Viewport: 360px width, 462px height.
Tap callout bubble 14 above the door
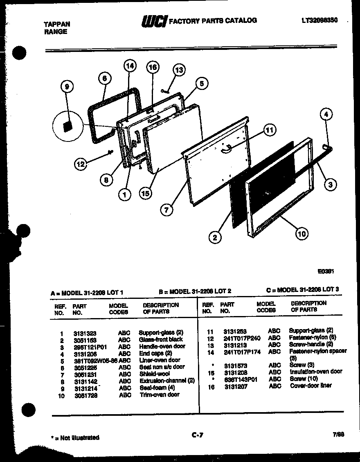click(130, 66)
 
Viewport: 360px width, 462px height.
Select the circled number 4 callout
click(326, 114)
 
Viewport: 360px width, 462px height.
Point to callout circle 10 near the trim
click(301, 234)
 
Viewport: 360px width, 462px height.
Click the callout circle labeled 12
click(81, 164)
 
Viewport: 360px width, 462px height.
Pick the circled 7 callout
click(166, 210)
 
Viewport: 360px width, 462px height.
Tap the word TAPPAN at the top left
click(57, 24)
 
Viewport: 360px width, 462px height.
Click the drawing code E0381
click(326, 271)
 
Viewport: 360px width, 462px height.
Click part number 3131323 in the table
click(85, 333)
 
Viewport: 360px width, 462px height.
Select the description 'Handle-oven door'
click(162, 346)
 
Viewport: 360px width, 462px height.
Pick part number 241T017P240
click(242, 338)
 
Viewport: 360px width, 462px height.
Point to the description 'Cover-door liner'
click(310, 386)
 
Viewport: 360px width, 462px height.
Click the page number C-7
click(197, 435)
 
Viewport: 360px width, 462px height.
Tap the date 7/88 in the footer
click(338, 434)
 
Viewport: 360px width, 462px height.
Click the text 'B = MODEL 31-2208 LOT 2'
click(195, 292)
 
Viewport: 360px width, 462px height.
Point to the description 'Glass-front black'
click(161, 339)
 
